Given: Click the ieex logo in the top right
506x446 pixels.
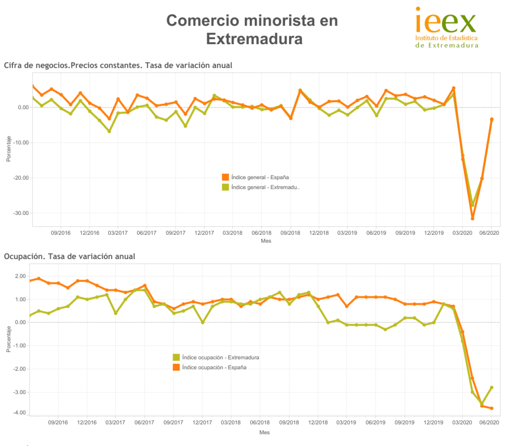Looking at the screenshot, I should coord(446,28).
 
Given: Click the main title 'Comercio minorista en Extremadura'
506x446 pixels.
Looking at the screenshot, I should coord(252,30).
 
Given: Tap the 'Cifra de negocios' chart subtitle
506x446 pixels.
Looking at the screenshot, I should coord(118,65).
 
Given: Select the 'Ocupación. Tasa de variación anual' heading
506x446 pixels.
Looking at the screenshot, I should coord(70,256).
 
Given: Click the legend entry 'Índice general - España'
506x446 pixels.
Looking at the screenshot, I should coord(259,177).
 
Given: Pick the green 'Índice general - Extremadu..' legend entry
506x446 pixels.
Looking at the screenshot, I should coord(265,187).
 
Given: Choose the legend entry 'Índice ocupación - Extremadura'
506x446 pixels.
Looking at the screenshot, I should coord(220,357).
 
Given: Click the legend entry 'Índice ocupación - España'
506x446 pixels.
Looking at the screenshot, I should coord(214,367).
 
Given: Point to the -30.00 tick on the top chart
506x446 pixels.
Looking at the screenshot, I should coord(21,213).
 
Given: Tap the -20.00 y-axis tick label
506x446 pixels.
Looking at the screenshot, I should coord(21,178).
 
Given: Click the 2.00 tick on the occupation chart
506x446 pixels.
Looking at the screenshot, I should coord(20,276).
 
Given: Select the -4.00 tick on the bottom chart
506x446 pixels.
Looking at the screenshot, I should coord(19,413).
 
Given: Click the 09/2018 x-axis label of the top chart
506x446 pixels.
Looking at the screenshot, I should coord(290,233).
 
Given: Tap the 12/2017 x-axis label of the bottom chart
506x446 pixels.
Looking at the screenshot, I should coord(202,422).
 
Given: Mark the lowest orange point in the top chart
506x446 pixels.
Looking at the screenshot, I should coord(472,219).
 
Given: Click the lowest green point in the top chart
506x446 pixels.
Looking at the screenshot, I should coord(472,205).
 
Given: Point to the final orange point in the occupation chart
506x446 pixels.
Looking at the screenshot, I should coord(492,408).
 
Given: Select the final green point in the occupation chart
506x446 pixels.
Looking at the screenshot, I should coord(492,387).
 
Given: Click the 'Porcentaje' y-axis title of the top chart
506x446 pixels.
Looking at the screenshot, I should coord(9,149).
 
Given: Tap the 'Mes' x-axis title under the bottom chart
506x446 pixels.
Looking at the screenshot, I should coord(264,432).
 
